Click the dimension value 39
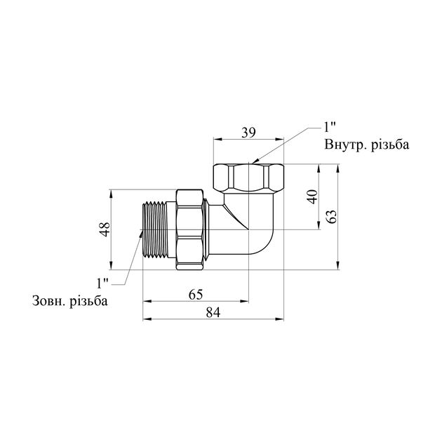(x=248, y=133)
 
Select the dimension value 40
(x=312, y=196)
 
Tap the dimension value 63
(x=333, y=217)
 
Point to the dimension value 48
(x=105, y=229)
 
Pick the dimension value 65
(x=196, y=295)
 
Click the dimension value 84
(x=213, y=312)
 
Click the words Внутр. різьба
(x=367, y=145)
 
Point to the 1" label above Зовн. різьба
(x=102, y=283)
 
